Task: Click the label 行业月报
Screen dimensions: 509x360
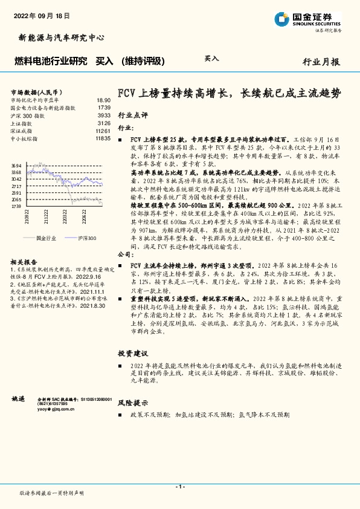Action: click(321, 62)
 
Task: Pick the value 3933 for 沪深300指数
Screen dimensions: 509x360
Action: click(104, 115)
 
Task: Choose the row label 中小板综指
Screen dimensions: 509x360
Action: click(24, 138)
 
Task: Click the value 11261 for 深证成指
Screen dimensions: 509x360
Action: click(103, 131)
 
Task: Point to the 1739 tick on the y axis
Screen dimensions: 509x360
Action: click(16, 206)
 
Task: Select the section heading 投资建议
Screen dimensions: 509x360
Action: click(132, 354)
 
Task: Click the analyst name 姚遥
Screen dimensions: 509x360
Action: click(18, 399)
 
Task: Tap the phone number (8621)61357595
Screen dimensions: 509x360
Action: click(53, 405)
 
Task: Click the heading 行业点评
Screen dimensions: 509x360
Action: click(132, 114)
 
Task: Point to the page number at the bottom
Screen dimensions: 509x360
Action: click(179, 487)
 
